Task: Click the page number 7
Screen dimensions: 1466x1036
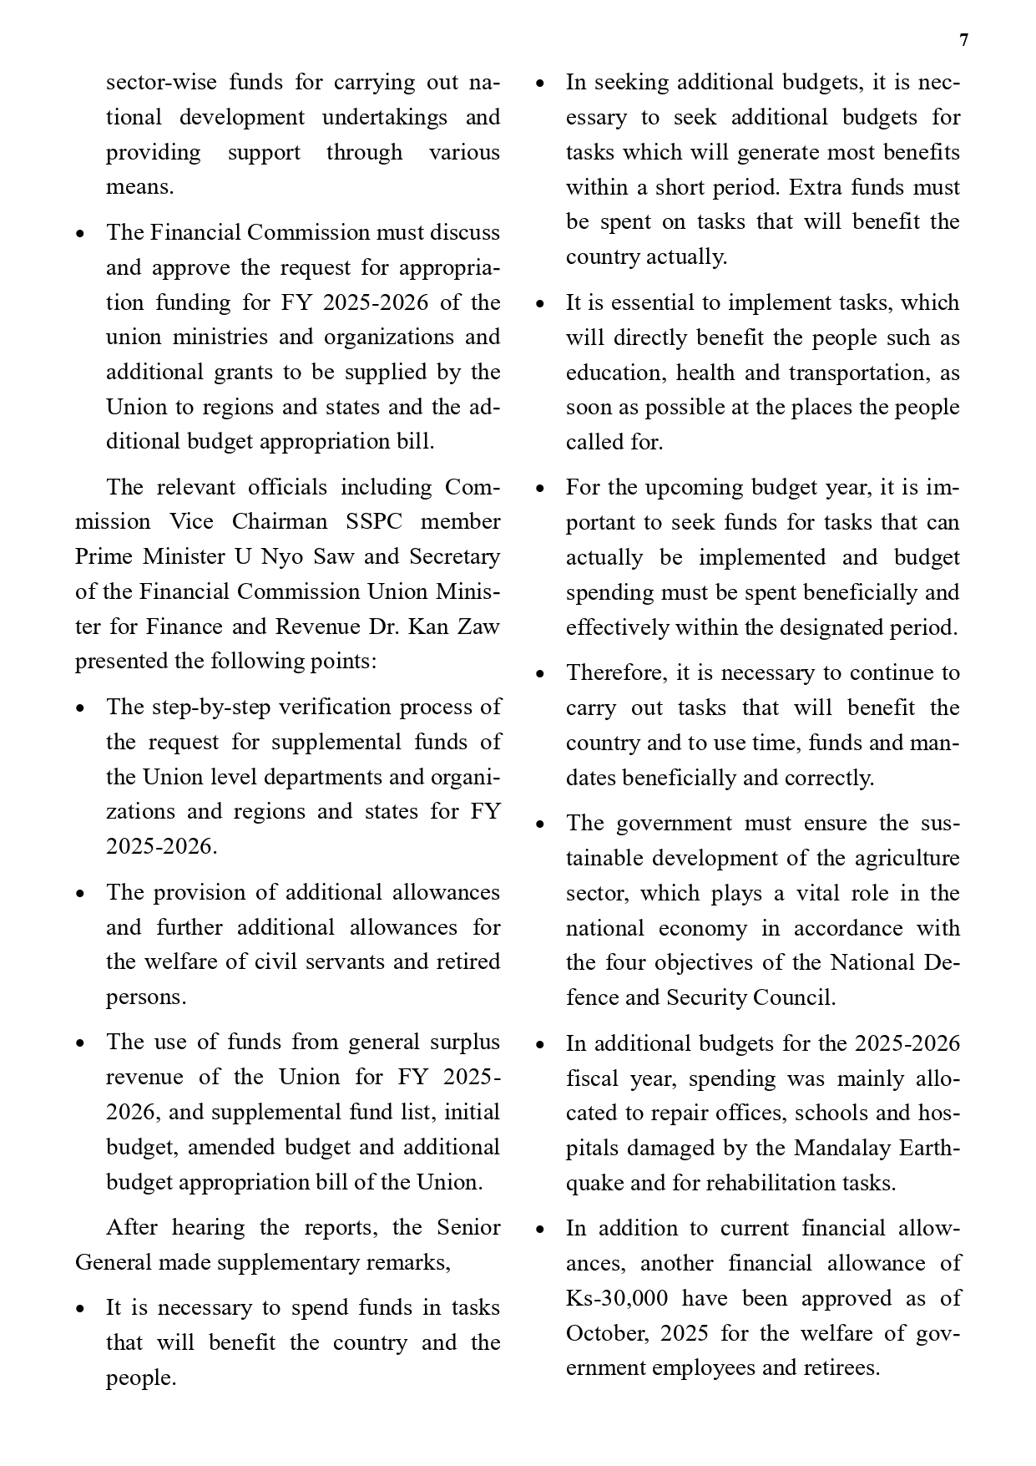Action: click(964, 41)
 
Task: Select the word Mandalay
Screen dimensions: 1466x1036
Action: click(841, 1148)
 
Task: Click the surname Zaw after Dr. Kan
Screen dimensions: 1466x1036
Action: click(479, 626)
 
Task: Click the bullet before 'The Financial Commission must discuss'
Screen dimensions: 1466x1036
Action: click(80, 234)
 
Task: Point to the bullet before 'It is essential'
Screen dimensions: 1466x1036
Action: click(540, 304)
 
